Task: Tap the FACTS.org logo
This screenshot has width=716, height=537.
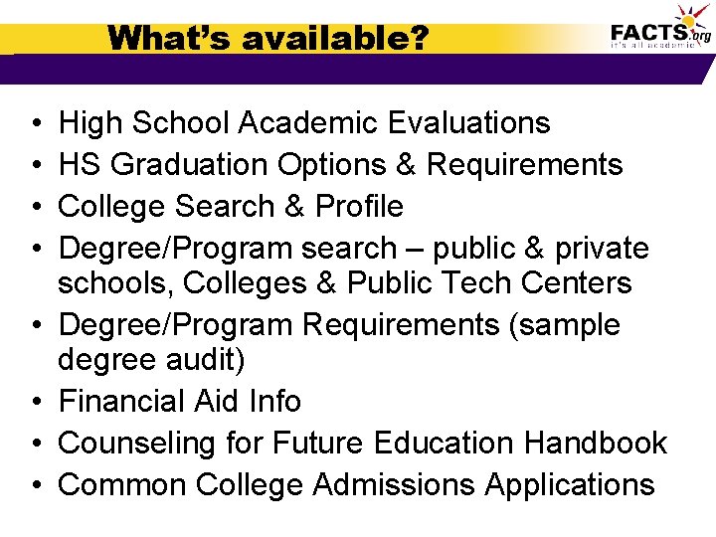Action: tap(658, 30)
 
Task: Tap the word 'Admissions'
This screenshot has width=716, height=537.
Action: tap(394, 485)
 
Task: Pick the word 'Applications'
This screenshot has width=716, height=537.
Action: tap(570, 485)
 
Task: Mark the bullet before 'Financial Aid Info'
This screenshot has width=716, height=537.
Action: tap(35, 403)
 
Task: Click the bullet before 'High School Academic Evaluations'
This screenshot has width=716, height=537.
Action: tap(35, 124)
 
